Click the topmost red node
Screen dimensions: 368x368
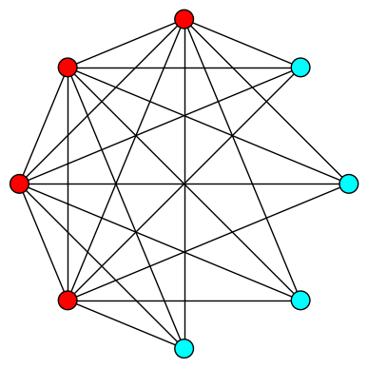pos(184,19)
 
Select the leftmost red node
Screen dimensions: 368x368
pos(19,184)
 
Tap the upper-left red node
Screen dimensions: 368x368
pos(68,68)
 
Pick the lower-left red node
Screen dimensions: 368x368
pos(68,300)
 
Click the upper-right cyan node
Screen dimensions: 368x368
pos(300,68)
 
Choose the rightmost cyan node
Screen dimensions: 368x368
pos(349,184)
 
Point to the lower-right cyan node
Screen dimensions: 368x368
pos(300,300)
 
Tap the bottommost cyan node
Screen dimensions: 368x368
pos(184,348)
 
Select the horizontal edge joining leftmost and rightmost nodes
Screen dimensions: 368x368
pos(266,184)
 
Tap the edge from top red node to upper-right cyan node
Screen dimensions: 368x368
pos(242,43)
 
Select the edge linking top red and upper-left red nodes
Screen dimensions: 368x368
pos(126,43)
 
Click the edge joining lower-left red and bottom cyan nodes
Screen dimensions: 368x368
pos(126,324)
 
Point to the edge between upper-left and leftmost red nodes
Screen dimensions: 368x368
pos(43,126)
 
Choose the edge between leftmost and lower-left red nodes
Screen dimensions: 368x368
pos(43,242)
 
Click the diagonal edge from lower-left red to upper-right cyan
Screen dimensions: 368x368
pos(242,126)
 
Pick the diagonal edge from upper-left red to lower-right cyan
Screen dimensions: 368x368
pos(242,242)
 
